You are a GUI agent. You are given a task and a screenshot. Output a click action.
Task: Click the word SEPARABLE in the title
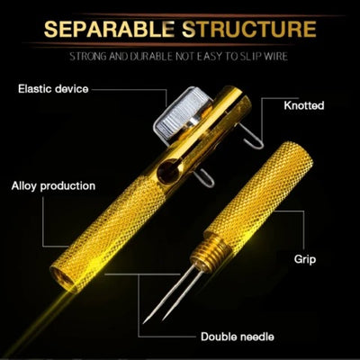pyautogui.click(x=109, y=29)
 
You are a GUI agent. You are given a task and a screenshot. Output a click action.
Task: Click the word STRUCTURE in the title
pyautogui.click(x=249, y=29)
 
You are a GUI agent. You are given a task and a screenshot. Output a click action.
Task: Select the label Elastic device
pyautogui.click(x=53, y=89)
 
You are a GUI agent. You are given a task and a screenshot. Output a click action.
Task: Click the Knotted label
pyautogui.click(x=304, y=105)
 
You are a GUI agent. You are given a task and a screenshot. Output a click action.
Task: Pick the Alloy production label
pyautogui.click(x=53, y=186)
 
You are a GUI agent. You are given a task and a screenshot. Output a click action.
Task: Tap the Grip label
pyautogui.click(x=305, y=259)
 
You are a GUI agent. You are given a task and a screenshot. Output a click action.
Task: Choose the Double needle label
pyautogui.click(x=238, y=337)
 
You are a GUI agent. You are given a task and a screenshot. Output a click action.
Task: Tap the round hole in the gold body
pyautogui.click(x=168, y=171)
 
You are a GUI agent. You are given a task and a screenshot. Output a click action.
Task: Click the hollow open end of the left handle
pyautogui.click(x=63, y=278)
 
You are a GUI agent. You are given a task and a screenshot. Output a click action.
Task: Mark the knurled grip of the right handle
pyautogui.click(x=260, y=192)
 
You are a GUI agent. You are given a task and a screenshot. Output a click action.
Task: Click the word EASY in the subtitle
pyautogui.click(x=210, y=57)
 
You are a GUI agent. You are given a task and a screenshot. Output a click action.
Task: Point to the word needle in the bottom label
pyautogui.click(x=255, y=337)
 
